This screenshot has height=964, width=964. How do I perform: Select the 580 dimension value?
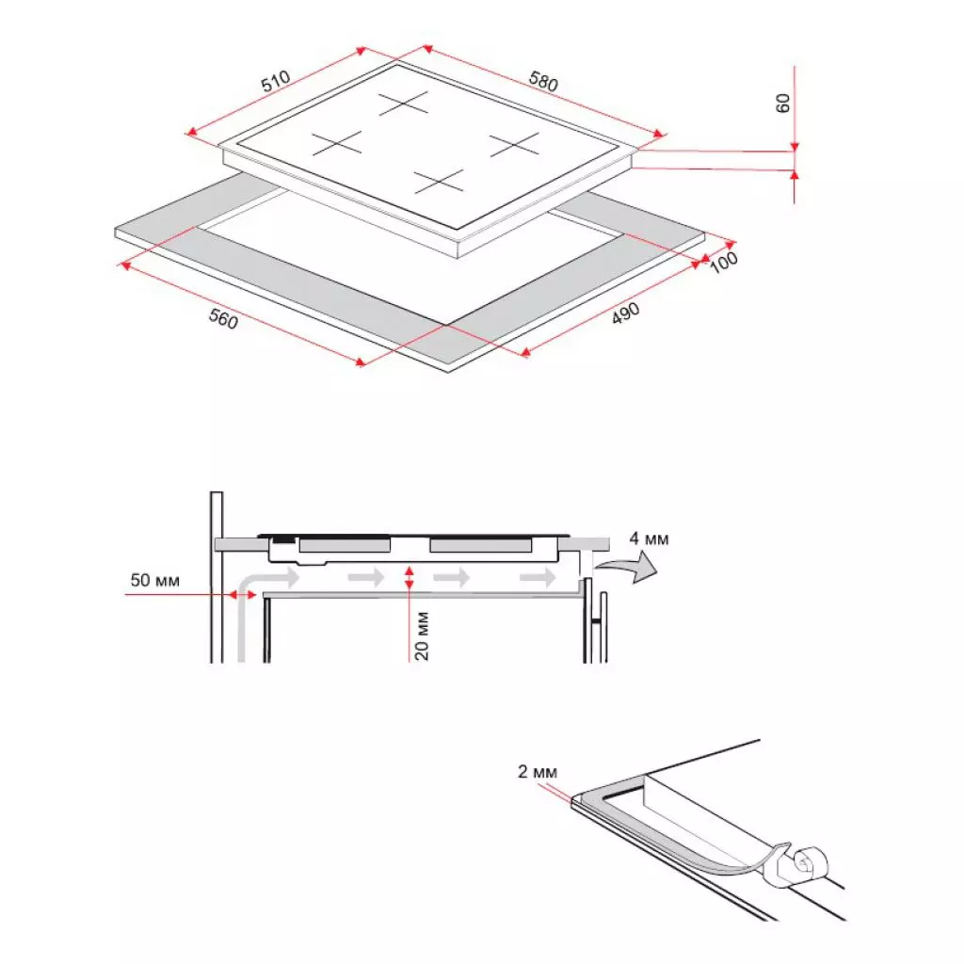[x=543, y=82]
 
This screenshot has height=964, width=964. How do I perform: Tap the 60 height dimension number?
[x=782, y=104]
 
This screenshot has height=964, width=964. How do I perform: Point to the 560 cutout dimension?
[x=222, y=319]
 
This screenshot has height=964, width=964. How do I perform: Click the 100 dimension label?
[x=724, y=263]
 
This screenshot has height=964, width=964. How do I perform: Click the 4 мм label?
[x=649, y=539]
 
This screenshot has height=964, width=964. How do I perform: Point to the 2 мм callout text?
[x=538, y=773]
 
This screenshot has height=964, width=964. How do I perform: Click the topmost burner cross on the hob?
[x=404, y=103]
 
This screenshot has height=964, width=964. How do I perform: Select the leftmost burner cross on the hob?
[x=337, y=143]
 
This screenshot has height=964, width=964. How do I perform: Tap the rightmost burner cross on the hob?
[x=514, y=143]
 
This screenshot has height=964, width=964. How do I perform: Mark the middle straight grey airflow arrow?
[x=451, y=577]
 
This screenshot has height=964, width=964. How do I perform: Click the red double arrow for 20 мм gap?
[x=408, y=578]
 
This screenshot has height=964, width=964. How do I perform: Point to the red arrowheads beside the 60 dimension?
[x=795, y=160]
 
